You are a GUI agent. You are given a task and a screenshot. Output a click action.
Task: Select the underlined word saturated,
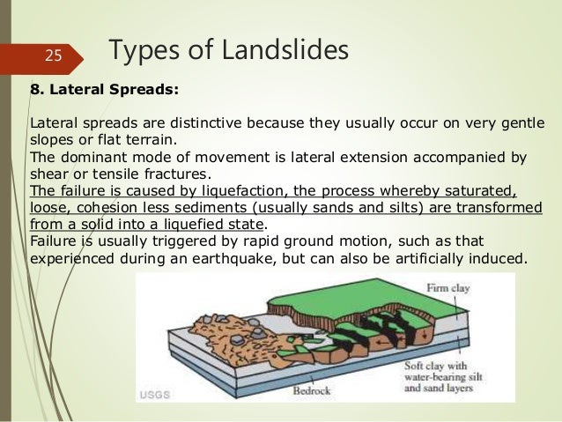tap(482, 190)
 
